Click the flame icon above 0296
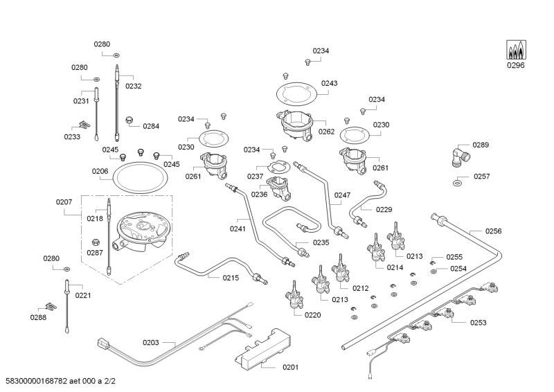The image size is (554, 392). pos(515,50)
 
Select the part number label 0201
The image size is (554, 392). pos(291,367)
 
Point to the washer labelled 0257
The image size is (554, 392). pos(459,184)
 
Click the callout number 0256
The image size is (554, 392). pos(494,231)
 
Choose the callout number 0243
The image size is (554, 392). pos(330,83)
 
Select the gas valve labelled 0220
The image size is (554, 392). pos(294,296)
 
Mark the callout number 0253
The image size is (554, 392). pos(478,322)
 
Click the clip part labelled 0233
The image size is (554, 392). pos(84,125)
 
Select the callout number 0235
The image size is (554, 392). pos(321,242)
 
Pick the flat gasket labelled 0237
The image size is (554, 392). pos(277,166)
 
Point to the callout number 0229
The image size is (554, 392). pos(384,209)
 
